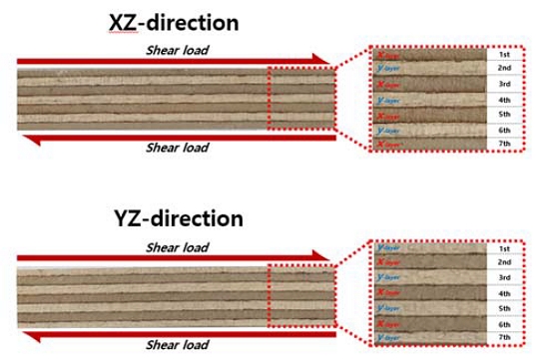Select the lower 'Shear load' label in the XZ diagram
pos(180,150)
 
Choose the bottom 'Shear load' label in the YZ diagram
pos(180,344)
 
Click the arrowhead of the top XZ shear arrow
pos(321,59)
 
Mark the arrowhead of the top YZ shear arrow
pos(321,256)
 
